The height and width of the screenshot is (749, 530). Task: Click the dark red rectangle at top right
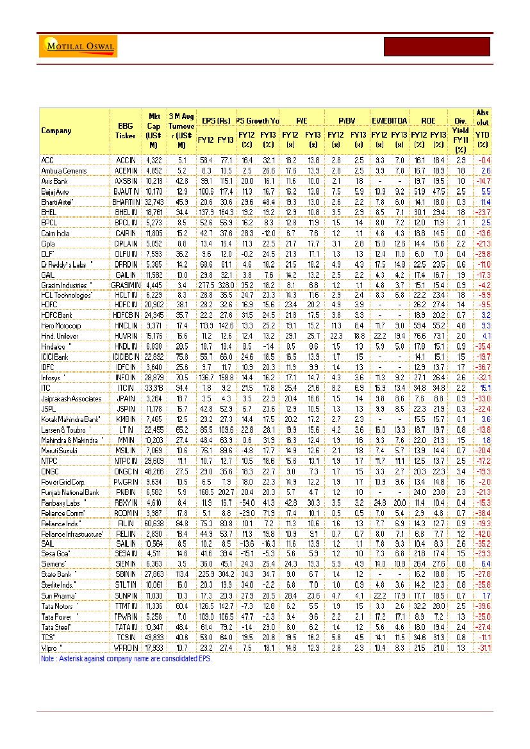tap(436, 47)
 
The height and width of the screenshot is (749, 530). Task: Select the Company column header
tap(56, 131)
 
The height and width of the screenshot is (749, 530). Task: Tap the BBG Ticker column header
tap(125, 131)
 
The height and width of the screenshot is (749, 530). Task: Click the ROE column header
tap(427, 120)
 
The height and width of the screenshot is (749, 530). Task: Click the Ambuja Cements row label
tap(63, 171)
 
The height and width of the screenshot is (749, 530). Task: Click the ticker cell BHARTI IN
tap(125, 201)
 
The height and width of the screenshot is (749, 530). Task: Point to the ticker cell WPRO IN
tap(125, 648)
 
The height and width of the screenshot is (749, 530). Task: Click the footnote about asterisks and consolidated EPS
tap(126, 658)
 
